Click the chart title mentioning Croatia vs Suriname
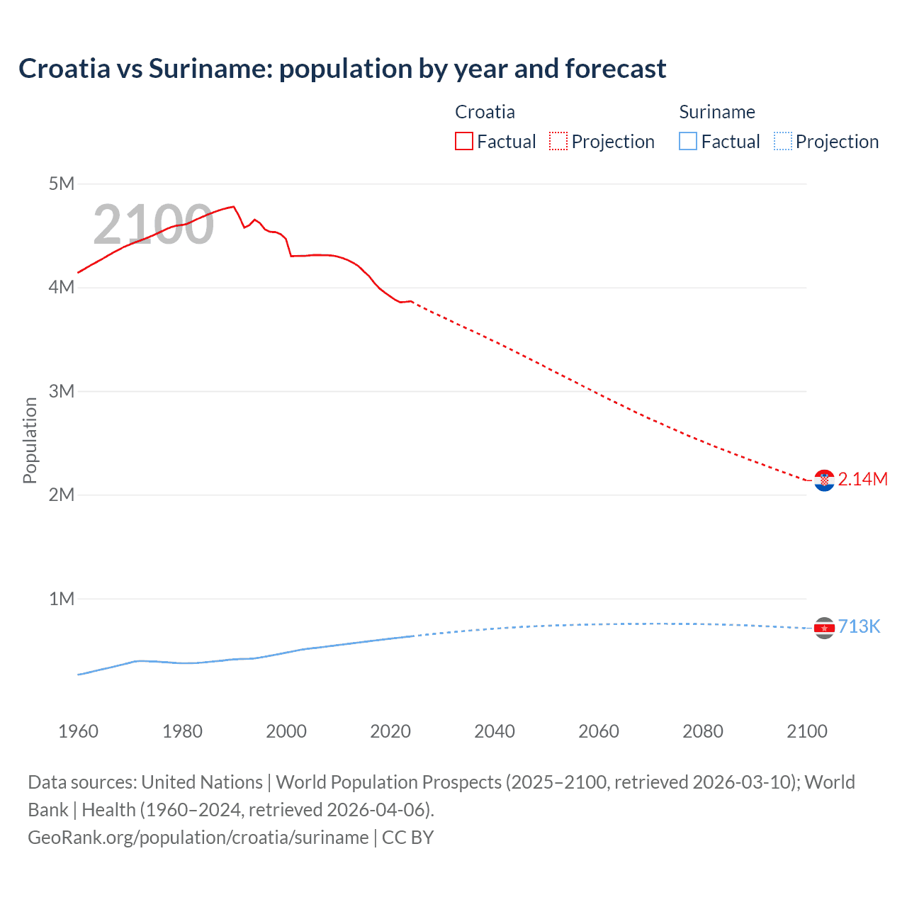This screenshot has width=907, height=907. coord(342,69)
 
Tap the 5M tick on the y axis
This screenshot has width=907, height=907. coord(62,184)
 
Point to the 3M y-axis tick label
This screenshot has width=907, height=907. coord(62,391)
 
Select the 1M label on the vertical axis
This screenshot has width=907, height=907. coord(62,599)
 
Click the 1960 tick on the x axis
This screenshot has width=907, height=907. coord(78,731)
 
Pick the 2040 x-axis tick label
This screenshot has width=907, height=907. coord(495,731)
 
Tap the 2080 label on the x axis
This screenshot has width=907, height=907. coord(703,731)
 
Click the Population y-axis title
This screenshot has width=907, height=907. coord(30,440)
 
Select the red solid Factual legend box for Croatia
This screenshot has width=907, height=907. coord(464,142)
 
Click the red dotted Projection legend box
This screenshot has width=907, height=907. coord(558,142)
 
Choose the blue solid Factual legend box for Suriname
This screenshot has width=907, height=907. coord(688,142)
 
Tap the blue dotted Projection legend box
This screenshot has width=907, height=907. coord(782,142)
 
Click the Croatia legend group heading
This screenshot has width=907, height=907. coord(485,112)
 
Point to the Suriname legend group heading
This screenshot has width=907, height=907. coord(717,112)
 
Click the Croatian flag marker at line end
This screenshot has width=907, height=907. coord(824,480)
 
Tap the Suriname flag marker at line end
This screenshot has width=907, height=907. coord(824,628)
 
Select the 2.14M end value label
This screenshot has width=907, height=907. coord(862,480)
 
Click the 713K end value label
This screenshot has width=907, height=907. coord(859,627)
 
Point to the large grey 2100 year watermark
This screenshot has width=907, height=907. coord(153,225)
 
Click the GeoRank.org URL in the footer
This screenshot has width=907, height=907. coord(198,838)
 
